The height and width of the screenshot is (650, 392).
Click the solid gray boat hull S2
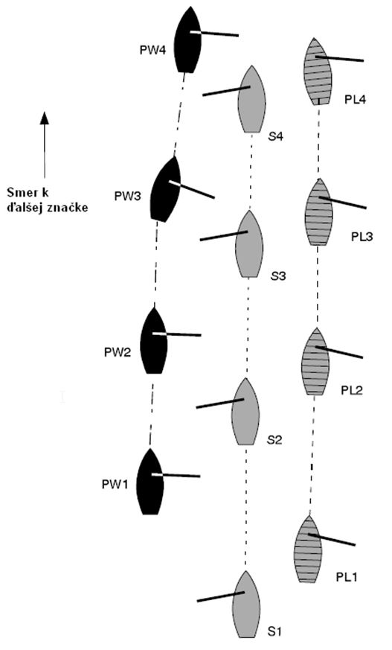point(245,412)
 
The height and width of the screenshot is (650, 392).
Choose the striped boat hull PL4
point(318,71)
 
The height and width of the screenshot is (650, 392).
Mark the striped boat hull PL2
point(315,361)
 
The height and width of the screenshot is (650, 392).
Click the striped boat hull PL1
point(308,549)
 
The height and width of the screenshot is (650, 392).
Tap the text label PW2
point(118,353)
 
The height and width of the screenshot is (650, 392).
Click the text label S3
point(278,275)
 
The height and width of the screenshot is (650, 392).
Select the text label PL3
point(362,237)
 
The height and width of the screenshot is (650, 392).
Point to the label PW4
point(152,50)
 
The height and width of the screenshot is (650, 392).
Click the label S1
point(274,631)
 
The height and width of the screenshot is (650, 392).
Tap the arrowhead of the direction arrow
point(45,118)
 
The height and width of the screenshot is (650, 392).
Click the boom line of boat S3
point(224,236)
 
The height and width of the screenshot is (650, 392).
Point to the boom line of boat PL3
point(343,203)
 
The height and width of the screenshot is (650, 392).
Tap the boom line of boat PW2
point(177,334)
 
